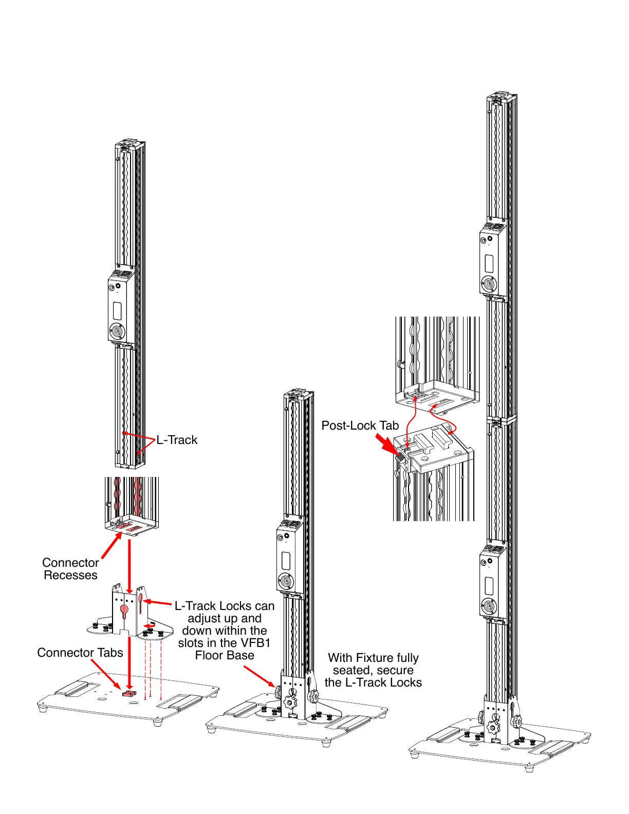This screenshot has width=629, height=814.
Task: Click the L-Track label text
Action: tap(177, 440)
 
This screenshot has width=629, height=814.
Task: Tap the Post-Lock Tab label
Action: tap(360, 425)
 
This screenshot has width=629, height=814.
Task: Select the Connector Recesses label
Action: tap(70, 569)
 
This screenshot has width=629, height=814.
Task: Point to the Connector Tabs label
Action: tap(80, 653)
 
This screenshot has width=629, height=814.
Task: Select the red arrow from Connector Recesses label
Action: tap(111, 546)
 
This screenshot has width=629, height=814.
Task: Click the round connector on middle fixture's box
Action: tap(285, 582)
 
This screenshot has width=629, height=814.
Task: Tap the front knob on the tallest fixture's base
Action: tap(493, 727)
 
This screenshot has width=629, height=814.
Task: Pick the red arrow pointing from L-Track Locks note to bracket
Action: tap(157, 602)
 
